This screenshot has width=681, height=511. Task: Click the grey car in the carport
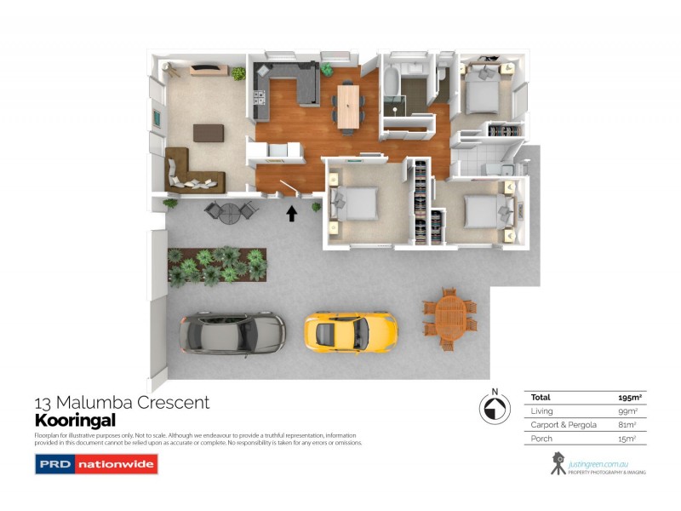tap(232, 330)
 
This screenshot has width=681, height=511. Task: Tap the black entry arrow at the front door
tap(292, 213)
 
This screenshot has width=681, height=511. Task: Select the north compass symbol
tap(492, 410)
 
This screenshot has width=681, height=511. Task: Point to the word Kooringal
tap(74, 420)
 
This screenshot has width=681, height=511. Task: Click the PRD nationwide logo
tap(95, 464)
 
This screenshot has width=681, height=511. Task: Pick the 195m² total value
tap(629, 398)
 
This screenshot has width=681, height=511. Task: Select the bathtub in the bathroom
tap(391, 86)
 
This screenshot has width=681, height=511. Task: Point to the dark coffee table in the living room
tap(209, 133)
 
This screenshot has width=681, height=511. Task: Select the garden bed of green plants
tap(217, 266)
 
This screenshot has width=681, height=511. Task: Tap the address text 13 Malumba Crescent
tap(122, 403)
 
